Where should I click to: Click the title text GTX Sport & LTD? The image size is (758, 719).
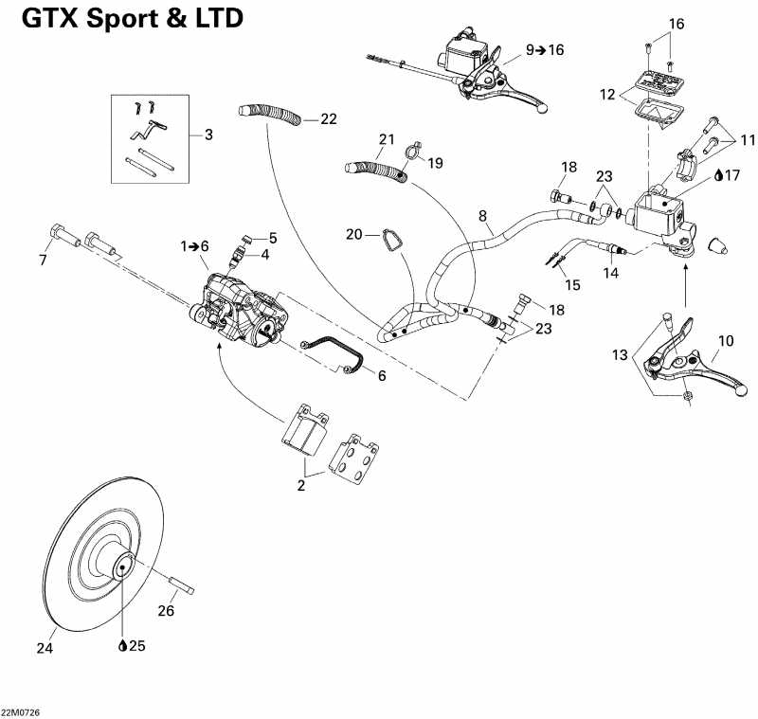pos(132,18)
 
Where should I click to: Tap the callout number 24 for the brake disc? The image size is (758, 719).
pos(45,649)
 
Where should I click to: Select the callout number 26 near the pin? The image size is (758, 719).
pos(166,611)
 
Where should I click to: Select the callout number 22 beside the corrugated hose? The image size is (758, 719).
pos(328,119)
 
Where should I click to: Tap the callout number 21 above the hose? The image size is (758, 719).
pos(386,139)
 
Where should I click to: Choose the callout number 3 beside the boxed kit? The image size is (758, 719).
pos(208,135)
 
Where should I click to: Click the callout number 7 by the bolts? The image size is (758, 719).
pos(42,260)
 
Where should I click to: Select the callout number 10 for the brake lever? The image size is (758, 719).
pos(726,340)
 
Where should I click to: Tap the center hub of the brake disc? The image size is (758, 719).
pos(122,568)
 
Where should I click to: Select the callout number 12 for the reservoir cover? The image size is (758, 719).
pos(605,94)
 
